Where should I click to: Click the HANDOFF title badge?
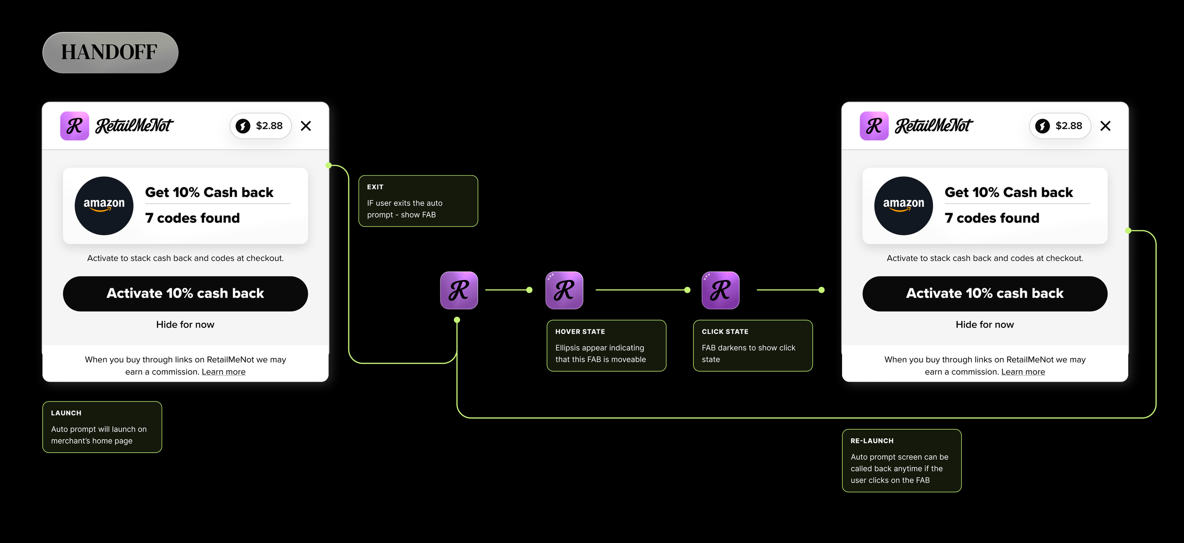tap(110, 53)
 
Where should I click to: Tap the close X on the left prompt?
tap(306, 126)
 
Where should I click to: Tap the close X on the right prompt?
tap(1105, 126)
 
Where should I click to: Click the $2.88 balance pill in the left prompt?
tap(260, 126)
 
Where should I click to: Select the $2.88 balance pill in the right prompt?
tap(1060, 126)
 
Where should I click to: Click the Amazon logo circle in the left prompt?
tap(104, 206)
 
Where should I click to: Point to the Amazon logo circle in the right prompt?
tap(904, 206)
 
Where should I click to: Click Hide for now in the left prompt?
tap(185, 325)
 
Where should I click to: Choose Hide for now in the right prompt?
tap(985, 325)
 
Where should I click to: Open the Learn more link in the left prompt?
tap(224, 372)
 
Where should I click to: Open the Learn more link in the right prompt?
tap(1023, 372)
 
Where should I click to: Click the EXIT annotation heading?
tap(375, 187)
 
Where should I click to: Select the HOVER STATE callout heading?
tap(580, 332)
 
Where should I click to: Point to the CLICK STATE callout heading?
tap(725, 332)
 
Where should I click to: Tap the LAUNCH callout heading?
tap(66, 413)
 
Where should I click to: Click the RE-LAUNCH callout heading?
tap(872, 441)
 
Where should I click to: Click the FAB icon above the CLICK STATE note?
tap(720, 290)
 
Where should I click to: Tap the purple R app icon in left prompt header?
tap(75, 126)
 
